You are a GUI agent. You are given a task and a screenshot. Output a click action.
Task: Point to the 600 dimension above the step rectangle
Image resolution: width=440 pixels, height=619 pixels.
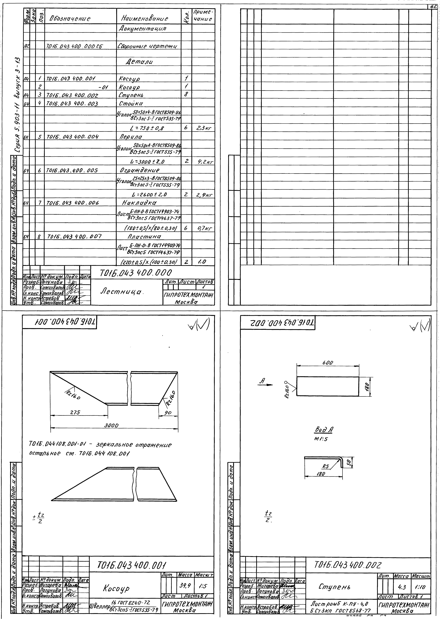tap(328, 363)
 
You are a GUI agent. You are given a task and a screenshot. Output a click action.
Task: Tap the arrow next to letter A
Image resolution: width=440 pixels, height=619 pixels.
tap(268, 385)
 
